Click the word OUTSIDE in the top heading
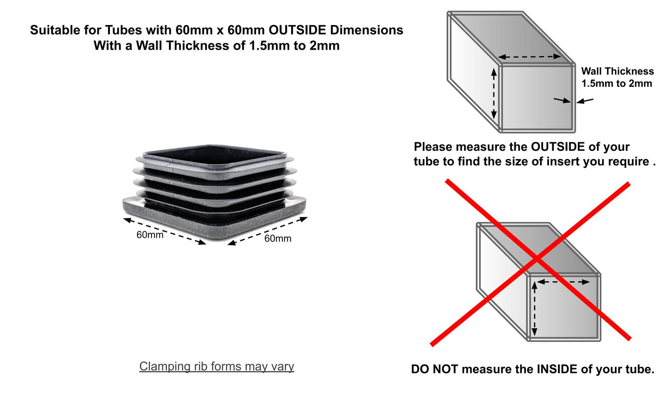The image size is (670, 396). click(297, 30)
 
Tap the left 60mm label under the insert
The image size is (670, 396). click(150, 235)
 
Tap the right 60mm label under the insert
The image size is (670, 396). click(278, 238)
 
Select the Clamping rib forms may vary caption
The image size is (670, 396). click(217, 366)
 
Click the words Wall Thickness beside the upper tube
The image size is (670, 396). click(617, 71)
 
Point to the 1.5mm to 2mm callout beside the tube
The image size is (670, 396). click(617, 83)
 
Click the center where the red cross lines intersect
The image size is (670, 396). click(536, 259)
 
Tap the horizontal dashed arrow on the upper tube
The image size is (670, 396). click(530, 57)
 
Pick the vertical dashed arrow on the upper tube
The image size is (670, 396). click(494, 94)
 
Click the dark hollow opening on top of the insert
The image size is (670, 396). click(215, 155)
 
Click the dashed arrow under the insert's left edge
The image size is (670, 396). click(164, 231)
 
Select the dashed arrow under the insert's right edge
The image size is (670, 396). click(268, 231)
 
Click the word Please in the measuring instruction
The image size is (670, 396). click(433, 147)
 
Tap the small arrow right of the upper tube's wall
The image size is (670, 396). click(585, 101)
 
